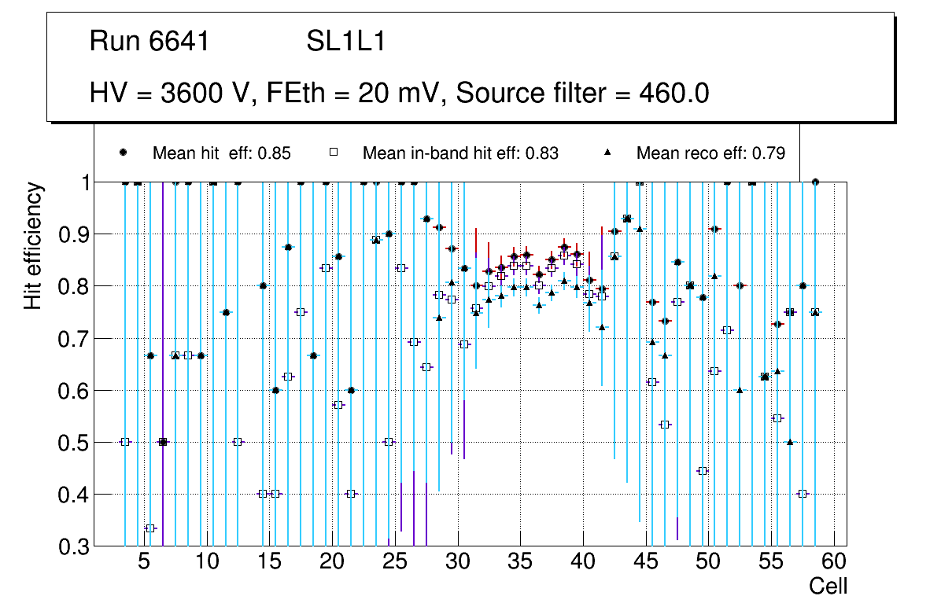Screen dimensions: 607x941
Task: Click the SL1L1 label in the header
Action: [345, 42]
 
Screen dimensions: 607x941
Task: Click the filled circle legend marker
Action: [124, 153]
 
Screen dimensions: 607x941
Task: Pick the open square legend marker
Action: [334, 153]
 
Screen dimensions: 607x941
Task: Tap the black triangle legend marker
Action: [607, 153]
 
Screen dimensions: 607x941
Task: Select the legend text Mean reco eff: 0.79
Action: [710, 153]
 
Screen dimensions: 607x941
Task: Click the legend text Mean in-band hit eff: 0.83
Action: [460, 153]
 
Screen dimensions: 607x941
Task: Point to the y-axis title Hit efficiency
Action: [33, 246]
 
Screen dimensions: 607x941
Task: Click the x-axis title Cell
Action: [828, 586]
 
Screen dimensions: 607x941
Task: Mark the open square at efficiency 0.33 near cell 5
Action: [150, 528]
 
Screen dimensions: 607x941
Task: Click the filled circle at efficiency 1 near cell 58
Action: [815, 182]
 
